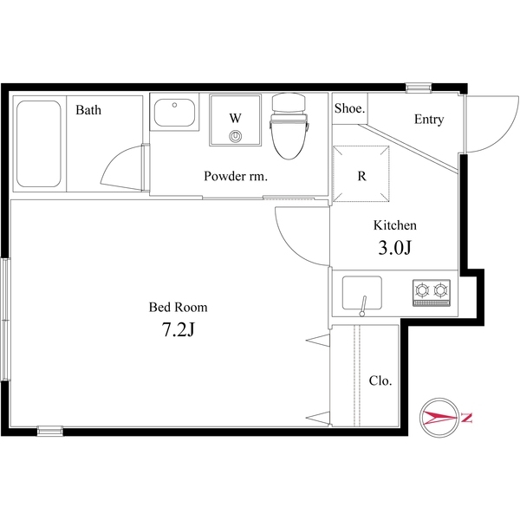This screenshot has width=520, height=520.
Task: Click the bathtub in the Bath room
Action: (x=39, y=144)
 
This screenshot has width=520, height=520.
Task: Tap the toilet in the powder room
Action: (x=289, y=126)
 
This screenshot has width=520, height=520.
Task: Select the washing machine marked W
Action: (x=235, y=120)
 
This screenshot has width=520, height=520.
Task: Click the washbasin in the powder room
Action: (x=174, y=113)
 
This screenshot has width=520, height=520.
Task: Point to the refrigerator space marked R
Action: (x=361, y=173)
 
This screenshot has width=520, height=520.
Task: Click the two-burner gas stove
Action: (x=432, y=293)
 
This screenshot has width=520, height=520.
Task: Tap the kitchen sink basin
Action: (x=361, y=293)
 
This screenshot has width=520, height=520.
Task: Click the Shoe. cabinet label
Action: (x=349, y=108)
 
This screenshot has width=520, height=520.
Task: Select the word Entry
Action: (x=429, y=120)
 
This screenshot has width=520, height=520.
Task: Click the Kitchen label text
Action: (x=395, y=225)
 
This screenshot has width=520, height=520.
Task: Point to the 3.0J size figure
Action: (x=394, y=247)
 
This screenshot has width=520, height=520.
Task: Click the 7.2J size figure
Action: (x=178, y=329)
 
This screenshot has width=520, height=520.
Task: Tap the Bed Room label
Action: (x=178, y=307)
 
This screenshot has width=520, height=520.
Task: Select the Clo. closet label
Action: (x=380, y=380)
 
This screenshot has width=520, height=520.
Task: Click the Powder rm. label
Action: (x=236, y=176)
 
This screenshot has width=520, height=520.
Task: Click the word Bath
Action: (x=88, y=110)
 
